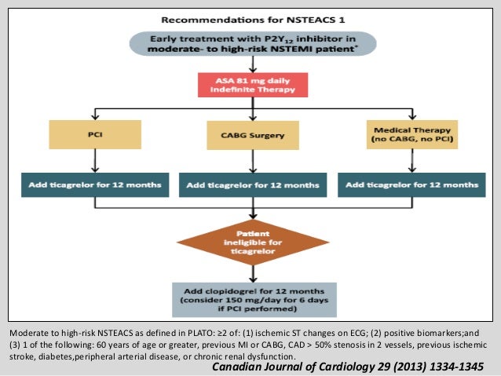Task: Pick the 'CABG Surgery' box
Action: pos(251,136)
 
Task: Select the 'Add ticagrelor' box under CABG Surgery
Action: pos(251,186)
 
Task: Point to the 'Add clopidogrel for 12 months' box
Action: pos(251,298)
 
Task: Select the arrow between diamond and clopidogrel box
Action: pos(251,272)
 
